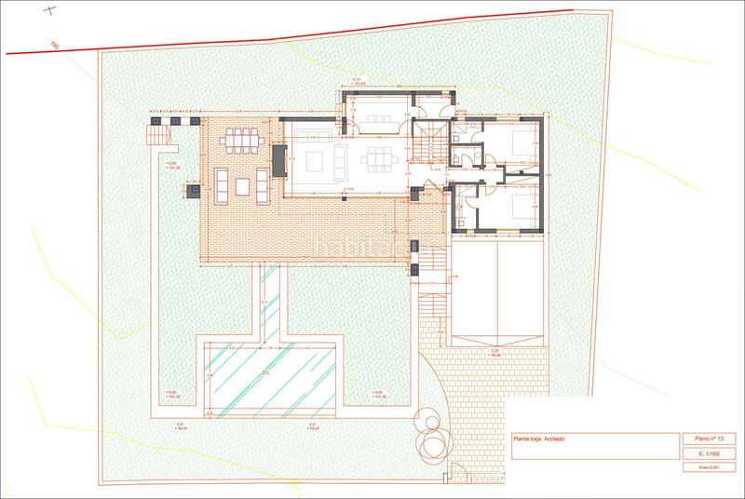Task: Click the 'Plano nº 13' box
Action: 698,438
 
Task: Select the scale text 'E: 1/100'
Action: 698,452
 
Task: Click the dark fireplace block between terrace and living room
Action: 278,159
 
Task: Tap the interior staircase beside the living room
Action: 428,143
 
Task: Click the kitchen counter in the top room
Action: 376,119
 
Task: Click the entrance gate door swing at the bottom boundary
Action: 456,473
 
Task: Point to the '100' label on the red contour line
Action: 55,45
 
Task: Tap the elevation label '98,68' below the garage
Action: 495,353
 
